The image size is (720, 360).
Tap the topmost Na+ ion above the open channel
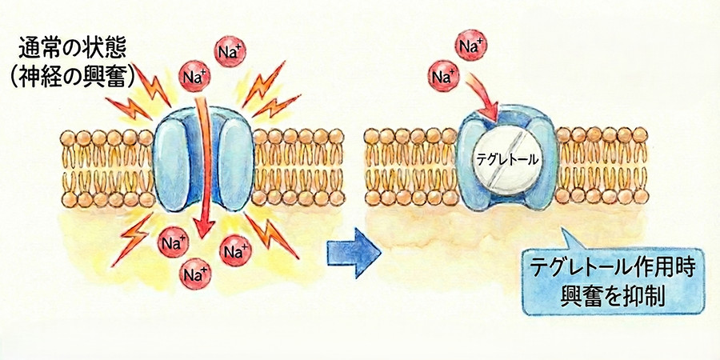pyautogui.click(x=230, y=51)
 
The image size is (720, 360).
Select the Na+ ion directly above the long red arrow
pyautogui.click(x=194, y=76)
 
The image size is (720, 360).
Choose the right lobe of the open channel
pyautogui.click(x=235, y=162)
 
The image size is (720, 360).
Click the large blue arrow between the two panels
pyautogui.click(x=354, y=253)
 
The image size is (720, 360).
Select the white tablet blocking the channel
pyautogui.click(x=507, y=160)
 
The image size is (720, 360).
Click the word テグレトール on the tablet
pyautogui.click(x=507, y=160)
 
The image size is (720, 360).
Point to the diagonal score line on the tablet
pyautogui.click(x=507, y=160)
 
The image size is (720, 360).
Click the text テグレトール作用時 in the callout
pyautogui.click(x=613, y=269)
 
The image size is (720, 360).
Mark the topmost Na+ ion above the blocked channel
pyautogui.click(x=471, y=45)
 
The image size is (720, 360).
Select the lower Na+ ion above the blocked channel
pyautogui.click(x=443, y=76)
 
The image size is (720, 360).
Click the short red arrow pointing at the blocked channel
pyautogui.click(x=483, y=98)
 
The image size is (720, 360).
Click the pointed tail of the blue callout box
pyautogui.click(x=570, y=239)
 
